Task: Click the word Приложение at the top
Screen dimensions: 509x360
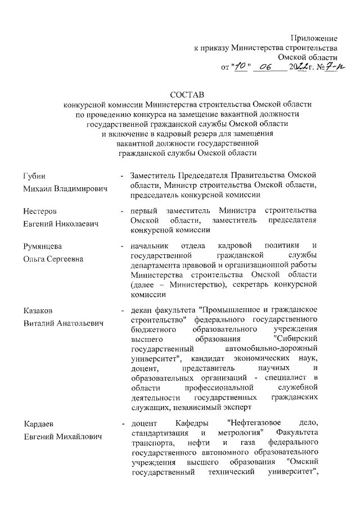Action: click(x=314, y=38)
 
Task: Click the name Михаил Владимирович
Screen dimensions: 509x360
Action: click(x=65, y=189)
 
